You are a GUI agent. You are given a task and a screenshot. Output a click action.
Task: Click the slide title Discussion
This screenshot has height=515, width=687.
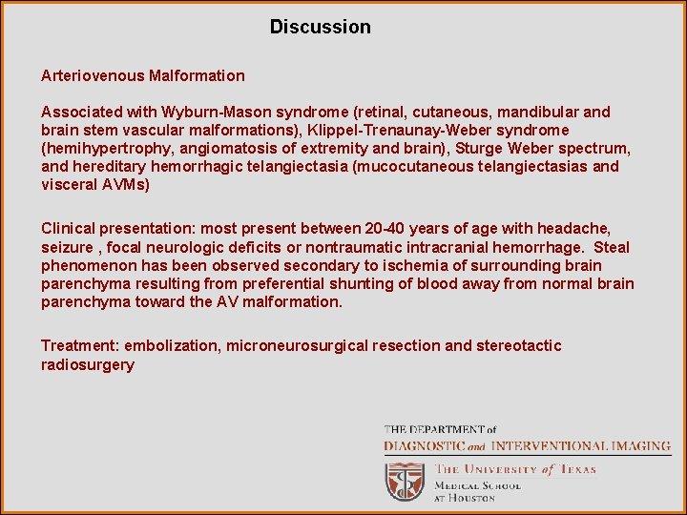(320, 27)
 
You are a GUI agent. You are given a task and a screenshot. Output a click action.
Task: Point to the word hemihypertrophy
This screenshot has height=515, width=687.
(102, 148)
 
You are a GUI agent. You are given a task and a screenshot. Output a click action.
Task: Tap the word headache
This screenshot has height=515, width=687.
(572, 229)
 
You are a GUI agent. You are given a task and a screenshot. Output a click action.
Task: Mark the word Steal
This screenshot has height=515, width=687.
(612, 247)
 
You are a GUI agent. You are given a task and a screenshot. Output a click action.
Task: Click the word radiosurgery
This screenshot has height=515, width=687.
(88, 364)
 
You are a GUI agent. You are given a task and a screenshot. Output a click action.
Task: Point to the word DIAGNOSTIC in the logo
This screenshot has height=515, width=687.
(425, 445)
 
